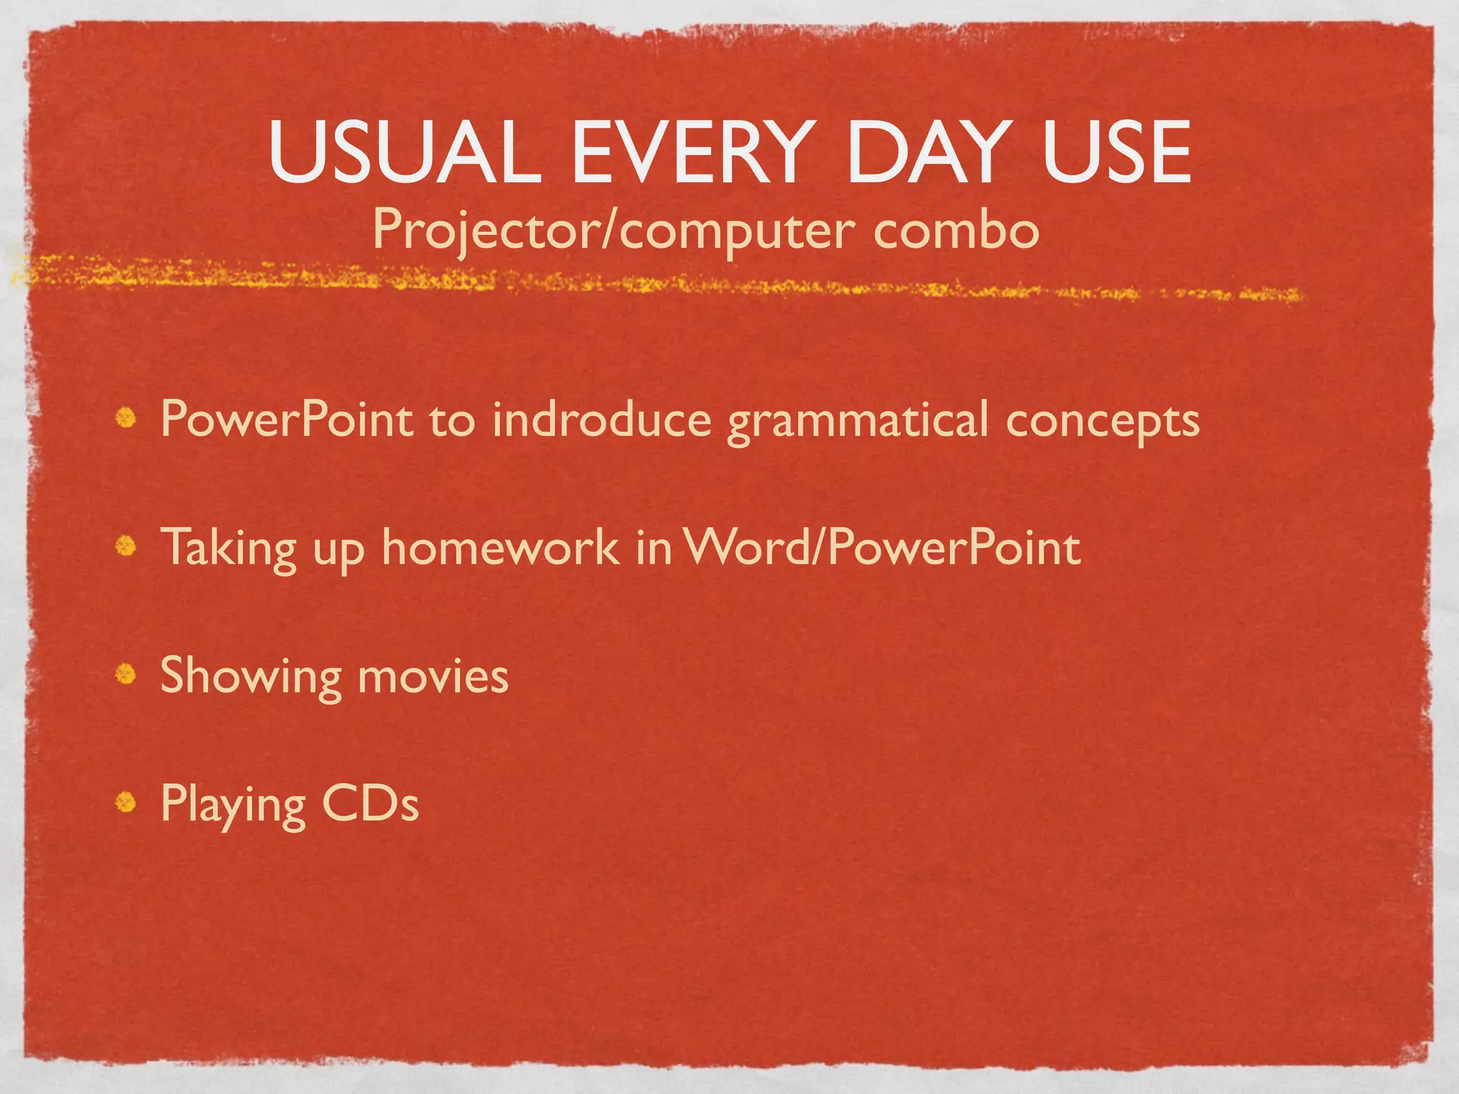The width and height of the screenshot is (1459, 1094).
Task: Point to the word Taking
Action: (x=229, y=548)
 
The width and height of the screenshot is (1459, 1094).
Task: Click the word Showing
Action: (x=251, y=677)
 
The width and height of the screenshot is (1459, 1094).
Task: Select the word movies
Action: (x=433, y=677)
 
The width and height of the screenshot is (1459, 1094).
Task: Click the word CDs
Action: (x=370, y=803)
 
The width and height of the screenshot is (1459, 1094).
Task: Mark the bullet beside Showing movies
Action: (x=126, y=674)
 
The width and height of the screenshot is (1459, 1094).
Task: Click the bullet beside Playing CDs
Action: (x=126, y=802)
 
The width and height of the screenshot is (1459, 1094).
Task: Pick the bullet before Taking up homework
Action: (x=126, y=546)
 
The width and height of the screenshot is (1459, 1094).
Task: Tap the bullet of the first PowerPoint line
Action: (x=126, y=418)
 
